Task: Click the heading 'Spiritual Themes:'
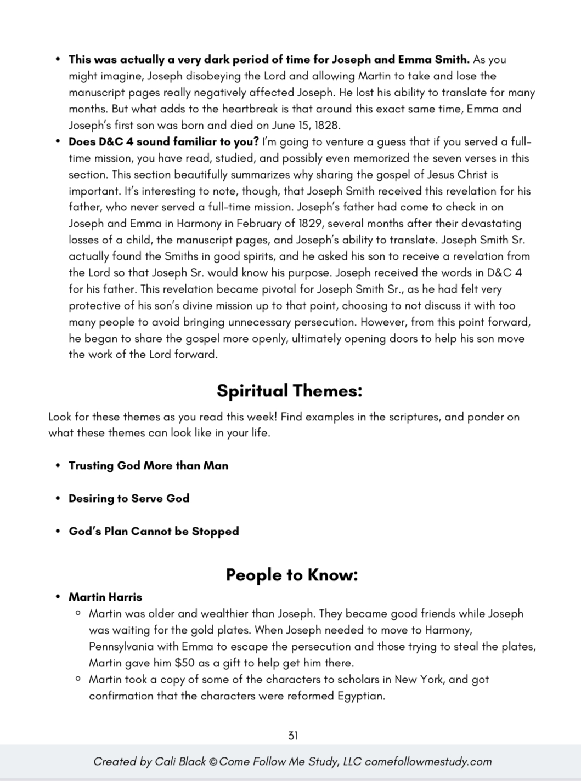pos(290,391)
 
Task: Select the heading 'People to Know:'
pos(291,575)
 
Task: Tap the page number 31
pos(292,736)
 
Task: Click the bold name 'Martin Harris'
pos(105,597)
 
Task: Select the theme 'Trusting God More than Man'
pos(148,466)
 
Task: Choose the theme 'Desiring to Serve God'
pos(129,499)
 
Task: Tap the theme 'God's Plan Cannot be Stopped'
pos(154,532)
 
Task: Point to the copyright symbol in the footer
pos(213,762)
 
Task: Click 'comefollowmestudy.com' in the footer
pos(428,762)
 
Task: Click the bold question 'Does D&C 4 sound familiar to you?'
pos(163,142)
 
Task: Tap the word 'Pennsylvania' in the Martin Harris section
pos(121,647)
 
